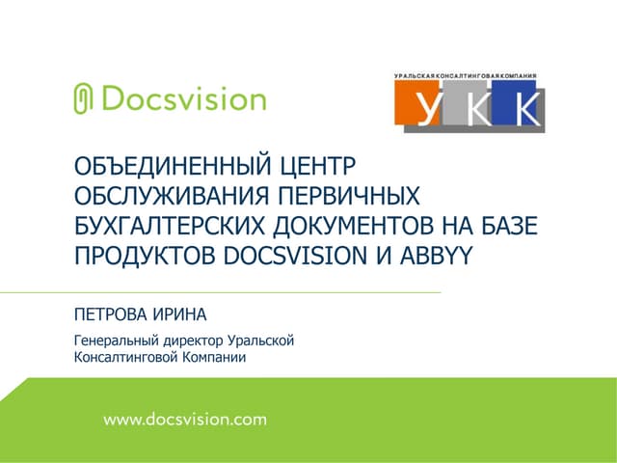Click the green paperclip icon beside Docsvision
pos(83,98)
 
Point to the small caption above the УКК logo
pos(466,75)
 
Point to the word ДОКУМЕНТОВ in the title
pos(373,228)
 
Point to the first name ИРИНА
pos(181,314)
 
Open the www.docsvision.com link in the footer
pos(184,420)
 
